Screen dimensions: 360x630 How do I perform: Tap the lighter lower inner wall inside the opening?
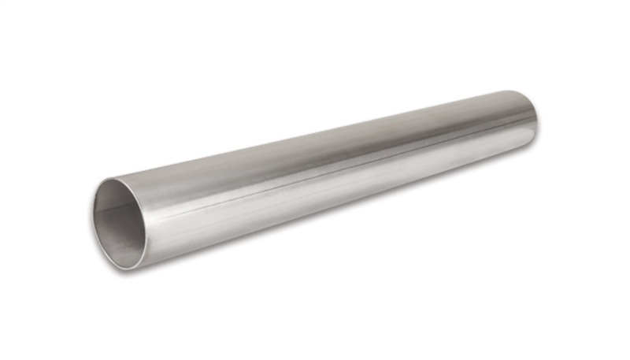pyautogui.click(x=118, y=240)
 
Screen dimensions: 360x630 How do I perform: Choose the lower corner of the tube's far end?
pyautogui.click(x=528, y=142)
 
